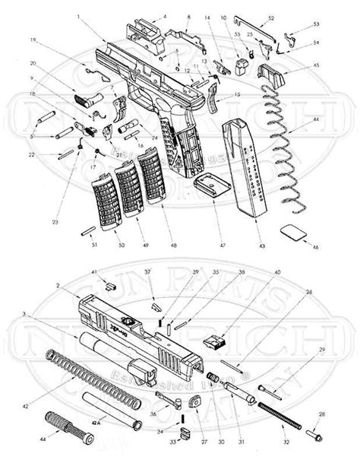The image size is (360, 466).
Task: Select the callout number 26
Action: pyautogui.click(x=308, y=291)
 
